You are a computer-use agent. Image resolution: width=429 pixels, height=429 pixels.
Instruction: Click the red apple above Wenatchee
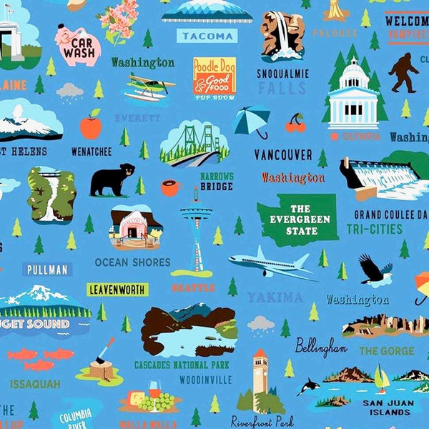pos(91,126)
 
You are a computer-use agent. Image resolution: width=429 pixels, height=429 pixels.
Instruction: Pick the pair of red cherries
pos(295,124)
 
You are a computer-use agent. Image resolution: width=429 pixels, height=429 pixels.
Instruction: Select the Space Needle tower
pos(195,229)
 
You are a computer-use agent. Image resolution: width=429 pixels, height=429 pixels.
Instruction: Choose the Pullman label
pos(47,270)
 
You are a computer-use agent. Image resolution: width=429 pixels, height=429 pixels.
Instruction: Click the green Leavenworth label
pos(117,290)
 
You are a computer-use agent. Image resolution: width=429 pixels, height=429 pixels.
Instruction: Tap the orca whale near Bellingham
pos(309,386)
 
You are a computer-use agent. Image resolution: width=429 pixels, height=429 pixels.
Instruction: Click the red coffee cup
pos(170,188)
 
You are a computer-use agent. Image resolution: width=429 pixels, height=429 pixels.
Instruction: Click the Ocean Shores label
pos(133,262)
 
